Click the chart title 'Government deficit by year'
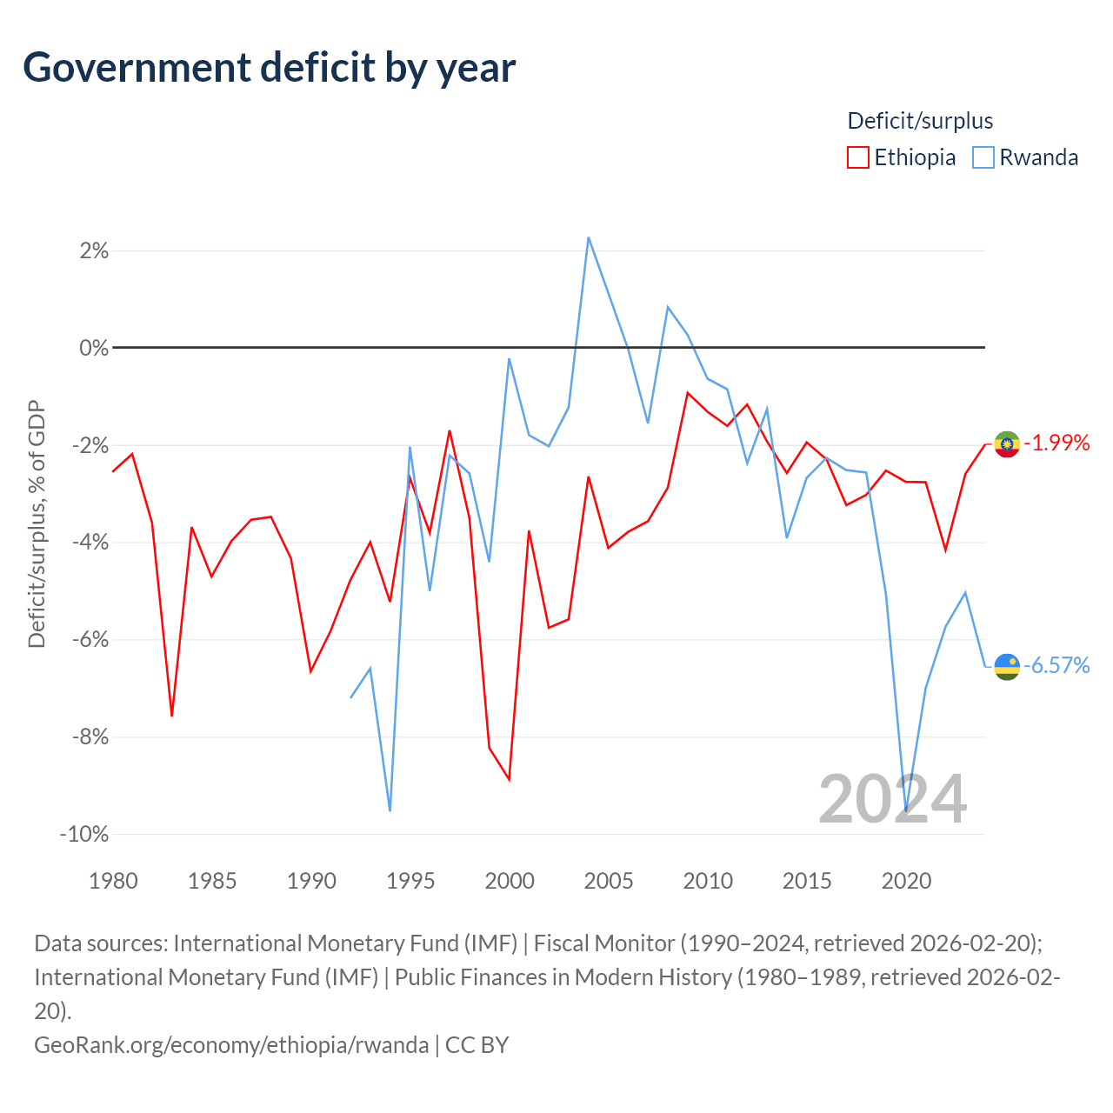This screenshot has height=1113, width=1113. point(269,68)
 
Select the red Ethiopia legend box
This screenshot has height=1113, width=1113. point(857,157)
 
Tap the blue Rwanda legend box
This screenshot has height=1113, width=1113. point(983,157)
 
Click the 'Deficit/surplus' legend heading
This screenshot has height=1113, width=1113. point(920,121)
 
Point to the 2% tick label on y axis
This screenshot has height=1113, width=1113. point(94,250)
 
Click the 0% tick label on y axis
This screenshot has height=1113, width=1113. point(94,348)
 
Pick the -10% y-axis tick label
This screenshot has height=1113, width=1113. point(84,834)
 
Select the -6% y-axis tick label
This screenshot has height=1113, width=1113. point(90,639)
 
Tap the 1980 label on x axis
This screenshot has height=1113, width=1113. point(113,882)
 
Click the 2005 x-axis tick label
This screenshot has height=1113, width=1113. point(608,882)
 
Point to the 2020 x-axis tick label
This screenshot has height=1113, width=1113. point(906,882)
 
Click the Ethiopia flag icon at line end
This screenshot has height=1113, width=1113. point(1007,444)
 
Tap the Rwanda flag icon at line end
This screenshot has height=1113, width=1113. point(1007,667)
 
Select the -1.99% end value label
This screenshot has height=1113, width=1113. point(1056,443)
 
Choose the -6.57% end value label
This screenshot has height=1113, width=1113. point(1056,666)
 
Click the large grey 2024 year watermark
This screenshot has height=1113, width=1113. point(892,800)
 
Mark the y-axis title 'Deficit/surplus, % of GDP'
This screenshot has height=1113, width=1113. point(37,523)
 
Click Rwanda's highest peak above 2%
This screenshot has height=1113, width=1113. point(588,237)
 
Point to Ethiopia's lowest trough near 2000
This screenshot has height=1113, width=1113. point(509,780)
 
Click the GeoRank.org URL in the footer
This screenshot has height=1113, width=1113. point(231,1045)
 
